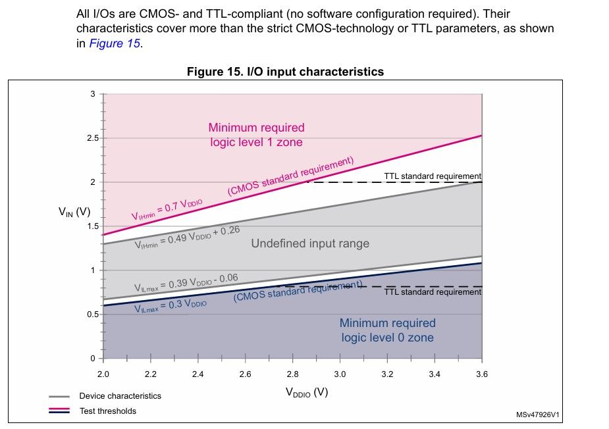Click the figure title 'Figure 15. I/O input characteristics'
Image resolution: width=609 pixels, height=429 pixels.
click(x=285, y=72)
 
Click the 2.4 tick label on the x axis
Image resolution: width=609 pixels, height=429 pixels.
click(x=198, y=374)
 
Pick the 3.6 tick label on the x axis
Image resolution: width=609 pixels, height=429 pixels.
click(x=482, y=374)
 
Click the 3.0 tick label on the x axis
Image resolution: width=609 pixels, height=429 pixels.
click(x=340, y=374)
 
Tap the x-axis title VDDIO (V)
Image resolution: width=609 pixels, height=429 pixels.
click(x=306, y=392)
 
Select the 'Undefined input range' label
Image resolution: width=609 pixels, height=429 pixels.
click(x=310, y=243)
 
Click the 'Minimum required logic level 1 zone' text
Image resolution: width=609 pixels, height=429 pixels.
click(x=256, y=135)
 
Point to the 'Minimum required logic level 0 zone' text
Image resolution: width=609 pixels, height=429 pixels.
click(x=387, y=330)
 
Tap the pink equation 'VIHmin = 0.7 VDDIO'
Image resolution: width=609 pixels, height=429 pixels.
click(x=169, y=207)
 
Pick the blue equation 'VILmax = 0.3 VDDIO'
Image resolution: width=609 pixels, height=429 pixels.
click(x=171, y=306)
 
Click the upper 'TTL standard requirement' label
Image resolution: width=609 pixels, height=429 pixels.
click(x=433, y=176)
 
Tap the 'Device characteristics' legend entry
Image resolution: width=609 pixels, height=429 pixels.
click(x=120, y=396)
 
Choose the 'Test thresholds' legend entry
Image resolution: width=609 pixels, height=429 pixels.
click(x=107, y=411)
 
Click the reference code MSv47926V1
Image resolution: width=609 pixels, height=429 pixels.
click(x=538, y=415)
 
